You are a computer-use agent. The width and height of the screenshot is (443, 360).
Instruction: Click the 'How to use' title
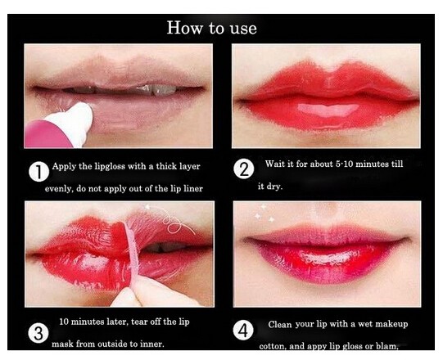pos(211,28)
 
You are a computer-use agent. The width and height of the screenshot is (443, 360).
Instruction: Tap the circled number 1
pos(38,172)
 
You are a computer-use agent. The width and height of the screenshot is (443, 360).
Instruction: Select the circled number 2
pos(243,169)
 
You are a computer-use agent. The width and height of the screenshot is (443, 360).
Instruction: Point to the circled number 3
pos(38,333)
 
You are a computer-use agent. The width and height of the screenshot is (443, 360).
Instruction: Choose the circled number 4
pos(243,331)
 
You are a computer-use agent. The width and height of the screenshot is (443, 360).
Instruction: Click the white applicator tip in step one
pos(74,120)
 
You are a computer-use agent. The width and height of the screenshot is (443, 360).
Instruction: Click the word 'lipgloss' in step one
pos(110,166)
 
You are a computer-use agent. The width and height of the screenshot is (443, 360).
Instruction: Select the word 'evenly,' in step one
pos(59,189)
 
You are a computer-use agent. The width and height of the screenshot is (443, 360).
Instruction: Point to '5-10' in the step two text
pos(344,164)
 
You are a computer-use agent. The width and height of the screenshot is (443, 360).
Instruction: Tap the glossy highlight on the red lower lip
pos(328,110)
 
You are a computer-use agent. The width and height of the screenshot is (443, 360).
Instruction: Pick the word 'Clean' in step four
pos(280,324)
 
